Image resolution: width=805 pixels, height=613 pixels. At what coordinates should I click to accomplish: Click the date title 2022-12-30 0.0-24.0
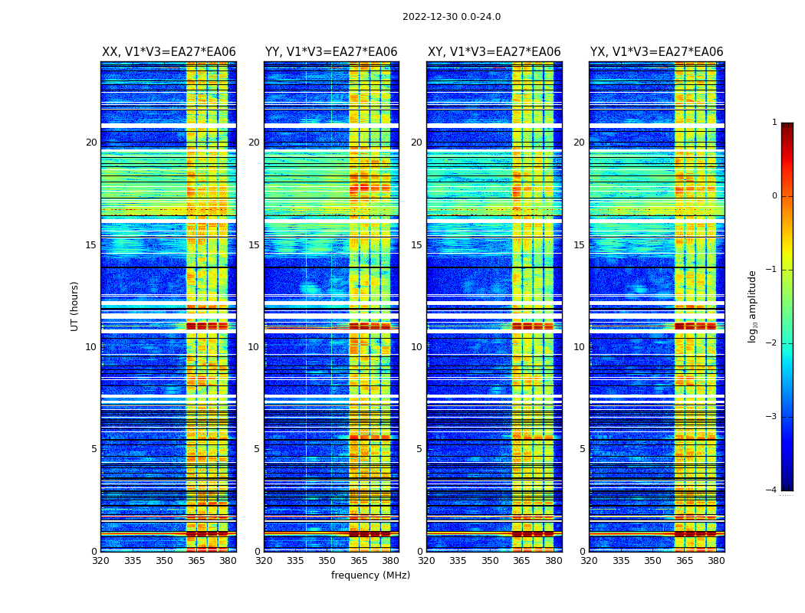pyautogui.click(x=451, y=17)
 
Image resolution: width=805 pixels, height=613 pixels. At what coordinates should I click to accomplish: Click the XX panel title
pyautogui.click(x=169, y=52)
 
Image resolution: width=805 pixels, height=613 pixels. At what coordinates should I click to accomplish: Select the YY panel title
pyautogui.click(x=331, y=52)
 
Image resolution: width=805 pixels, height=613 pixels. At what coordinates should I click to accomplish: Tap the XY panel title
pyautogui.click(x=494, y=52)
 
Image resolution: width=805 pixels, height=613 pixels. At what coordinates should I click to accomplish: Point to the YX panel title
pyautogui.click(x=656, y=52)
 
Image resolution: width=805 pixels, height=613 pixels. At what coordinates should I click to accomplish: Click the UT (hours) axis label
pyautogui.click(x=75, y=306)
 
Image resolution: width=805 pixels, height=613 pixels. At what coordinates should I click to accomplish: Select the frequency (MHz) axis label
pyautogui.click(x=370, y=575)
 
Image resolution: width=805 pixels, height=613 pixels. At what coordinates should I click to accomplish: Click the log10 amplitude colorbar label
pyautogui.click(x=752, y=306)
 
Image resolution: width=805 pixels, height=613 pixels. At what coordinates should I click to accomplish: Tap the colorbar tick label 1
pyautogui.click(x=774, y=123)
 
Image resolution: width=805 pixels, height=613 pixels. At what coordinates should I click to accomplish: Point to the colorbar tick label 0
pyautogui.click(x=774, y=196)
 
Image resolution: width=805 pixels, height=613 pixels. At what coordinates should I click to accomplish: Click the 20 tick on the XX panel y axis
pyautogui.click(x=91, y=143)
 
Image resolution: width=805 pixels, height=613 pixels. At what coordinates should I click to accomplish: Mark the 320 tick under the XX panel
pyautogui.click(x=100, y=561)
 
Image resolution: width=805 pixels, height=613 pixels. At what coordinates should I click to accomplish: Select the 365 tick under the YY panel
pyautogui.click(x=359, y=561)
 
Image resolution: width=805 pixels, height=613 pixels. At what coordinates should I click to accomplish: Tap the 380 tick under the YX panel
pyautogui.click(x=716, y=561)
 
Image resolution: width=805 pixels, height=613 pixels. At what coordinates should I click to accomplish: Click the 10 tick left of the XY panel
pyautogui.click(x=416, y=347)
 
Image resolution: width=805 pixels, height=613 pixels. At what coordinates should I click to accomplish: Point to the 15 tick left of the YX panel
pyautogui.click(x=579, y=245)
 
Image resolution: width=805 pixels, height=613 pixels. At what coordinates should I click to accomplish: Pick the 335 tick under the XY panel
pyautogui.click(x=458, y=561)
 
